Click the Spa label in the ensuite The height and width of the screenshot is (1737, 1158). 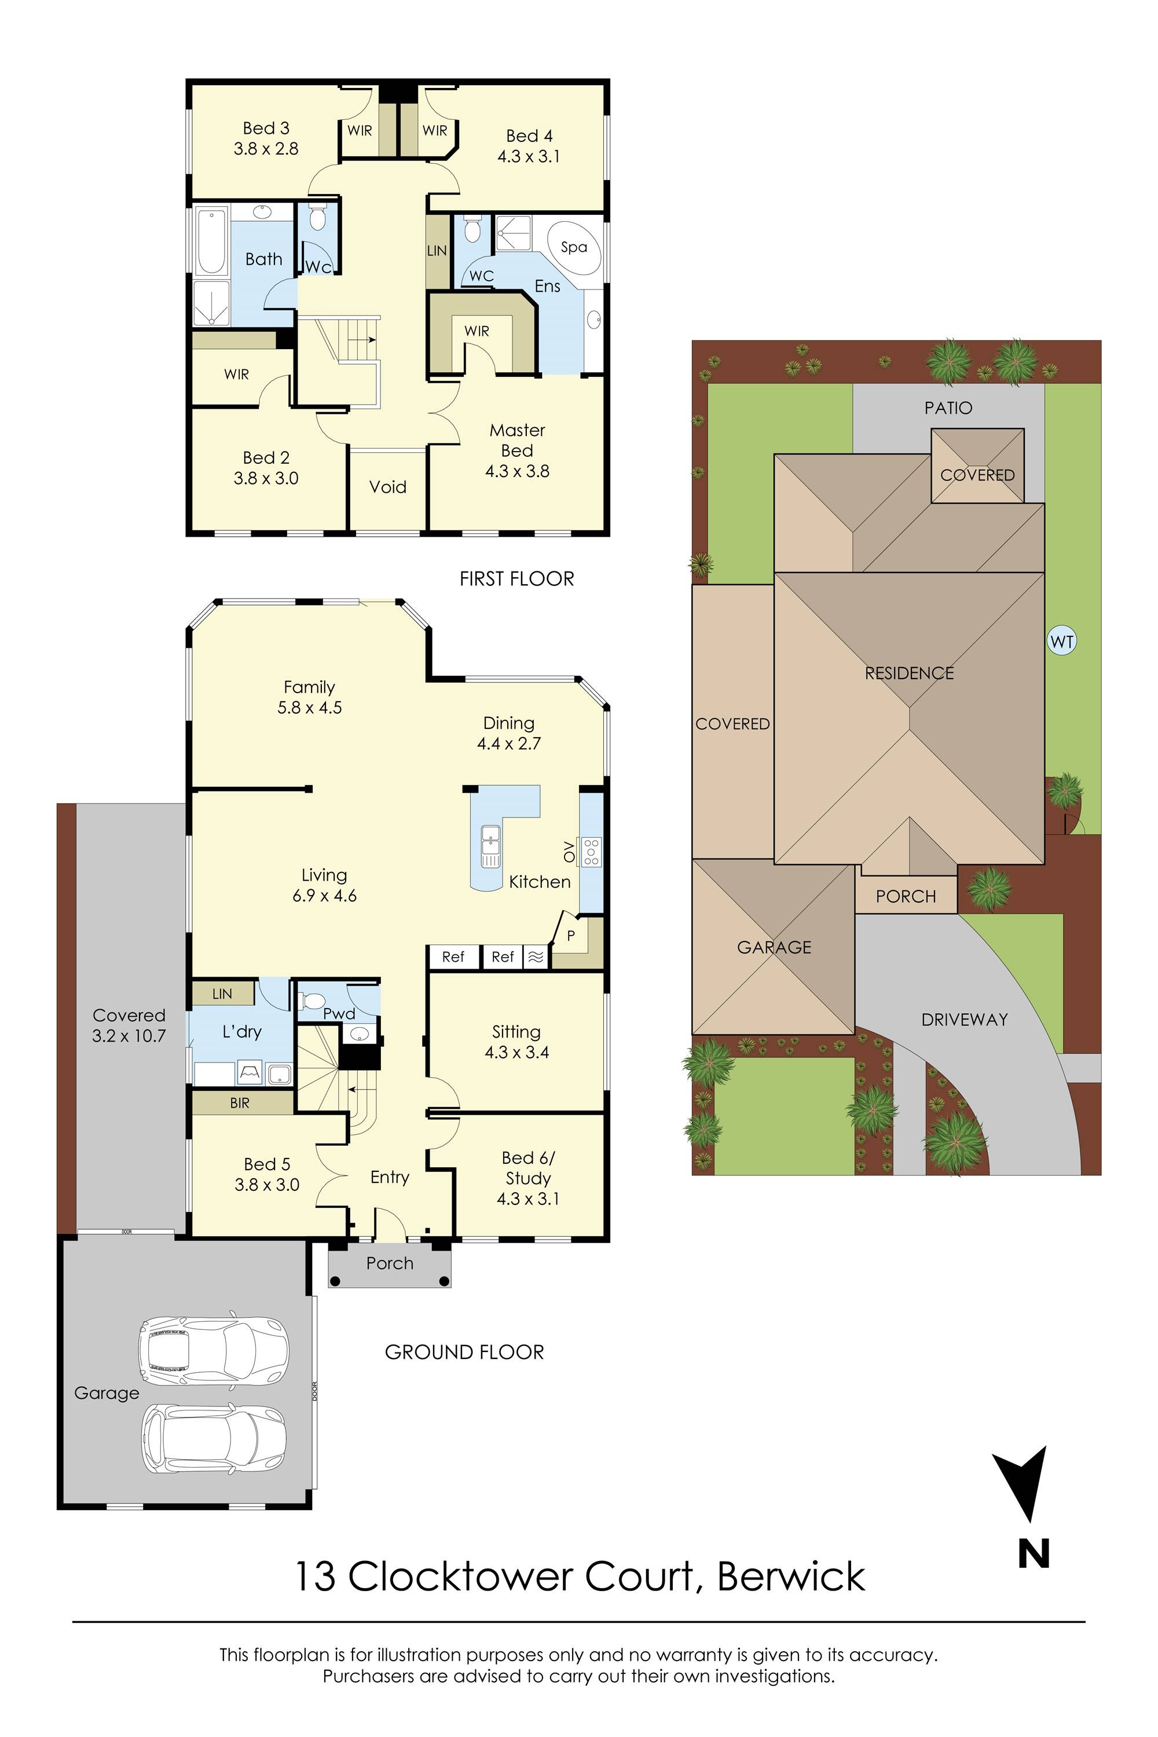coord(574,247)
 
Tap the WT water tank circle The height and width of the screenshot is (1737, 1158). coord(1061,642)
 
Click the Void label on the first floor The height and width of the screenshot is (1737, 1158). coord(388,487)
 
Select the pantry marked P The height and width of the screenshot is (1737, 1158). coord(571,936)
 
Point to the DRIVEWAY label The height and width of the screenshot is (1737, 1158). coord(964,1019)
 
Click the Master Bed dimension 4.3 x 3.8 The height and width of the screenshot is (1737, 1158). coord(517,471)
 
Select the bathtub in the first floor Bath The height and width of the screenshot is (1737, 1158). coord(211,241)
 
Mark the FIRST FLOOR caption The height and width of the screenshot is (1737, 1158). coord(516,579)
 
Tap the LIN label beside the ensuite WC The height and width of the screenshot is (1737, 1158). coord(437,250)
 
